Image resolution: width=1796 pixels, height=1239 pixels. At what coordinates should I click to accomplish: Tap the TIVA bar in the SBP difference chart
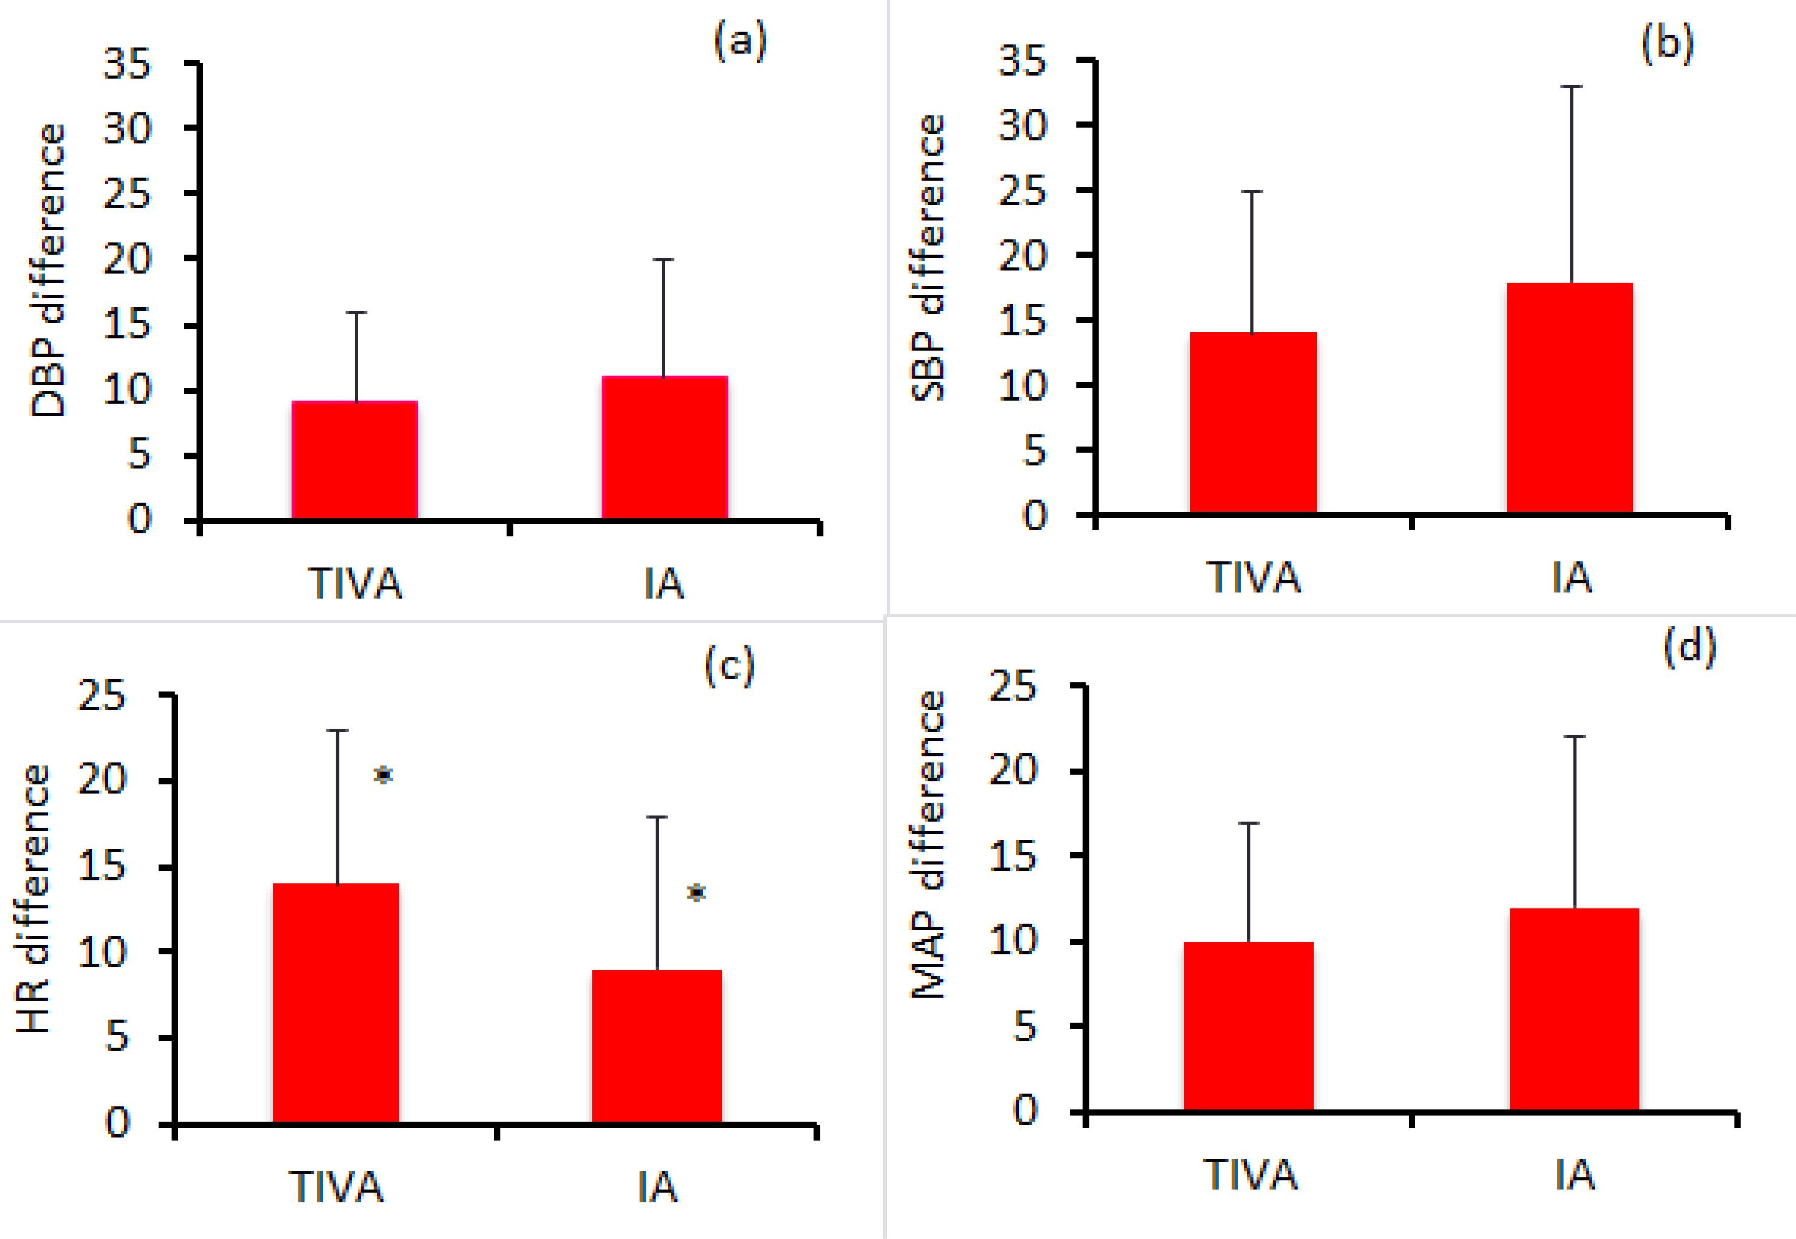pyautogui.click(x=1253, y=423)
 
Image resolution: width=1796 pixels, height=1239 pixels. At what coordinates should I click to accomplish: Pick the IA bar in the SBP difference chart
pyautogui.click(x=1569, y=397)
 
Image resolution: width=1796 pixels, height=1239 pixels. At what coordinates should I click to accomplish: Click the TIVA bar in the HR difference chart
pyautogui.click(x=335, y=1002)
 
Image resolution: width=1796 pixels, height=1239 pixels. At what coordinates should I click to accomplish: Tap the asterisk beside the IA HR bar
pyautogui.click(x=697, y=893)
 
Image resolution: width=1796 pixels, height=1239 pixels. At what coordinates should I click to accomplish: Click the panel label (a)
pyautogui.click(x=740, y=41)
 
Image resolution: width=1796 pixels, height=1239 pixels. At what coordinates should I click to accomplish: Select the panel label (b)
pyautogui.click(x=1667, y=44)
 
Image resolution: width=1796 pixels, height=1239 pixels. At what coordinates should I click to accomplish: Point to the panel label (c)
pyautogui.click(x=729, y=666)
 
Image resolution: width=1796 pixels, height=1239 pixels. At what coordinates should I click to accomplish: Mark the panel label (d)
pyautogui.click(x=1689, y=646)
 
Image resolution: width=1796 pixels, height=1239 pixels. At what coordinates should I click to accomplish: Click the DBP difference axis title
pyautogui.click(x=48, y=271)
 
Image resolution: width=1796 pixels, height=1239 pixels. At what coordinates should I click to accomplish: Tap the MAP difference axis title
pyautogui.click(x=929, y=845)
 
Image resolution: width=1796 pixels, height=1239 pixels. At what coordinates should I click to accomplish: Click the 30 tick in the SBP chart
pyautogui.click(x=1022, y=126)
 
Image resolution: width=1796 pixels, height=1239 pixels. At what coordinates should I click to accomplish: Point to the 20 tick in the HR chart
pyautogui.click(x=102, y=779)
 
